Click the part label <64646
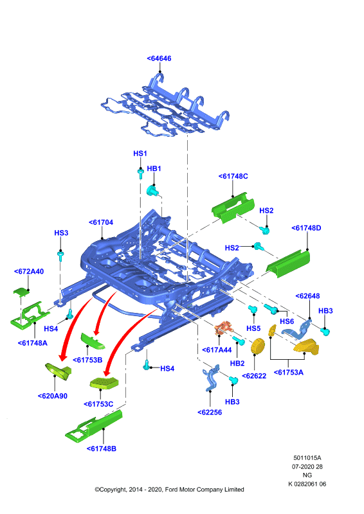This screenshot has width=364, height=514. click(159, 58)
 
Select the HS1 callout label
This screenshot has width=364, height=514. click(140, 154)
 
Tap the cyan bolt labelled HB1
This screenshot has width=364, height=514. click(152, 190)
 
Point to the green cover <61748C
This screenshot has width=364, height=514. click(233, 208)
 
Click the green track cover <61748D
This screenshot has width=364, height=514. click(288, 263)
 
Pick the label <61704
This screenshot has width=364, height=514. click(101, 222)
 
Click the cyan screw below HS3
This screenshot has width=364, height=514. click(60, 255)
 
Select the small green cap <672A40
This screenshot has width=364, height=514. click(21, 291)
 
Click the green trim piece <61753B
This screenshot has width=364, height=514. click(93, 341)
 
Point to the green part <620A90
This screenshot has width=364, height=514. click(59, 371)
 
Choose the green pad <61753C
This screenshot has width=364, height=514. click(104, 383)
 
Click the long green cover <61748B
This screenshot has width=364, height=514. click(94, 426)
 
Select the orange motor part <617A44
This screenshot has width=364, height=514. click(224, 328)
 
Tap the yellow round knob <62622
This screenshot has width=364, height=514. click(258, 346)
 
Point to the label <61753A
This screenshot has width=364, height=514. click(289, 373)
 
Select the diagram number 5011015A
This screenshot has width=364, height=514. click(307, 457)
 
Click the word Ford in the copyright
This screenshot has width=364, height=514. click(172, 490)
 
